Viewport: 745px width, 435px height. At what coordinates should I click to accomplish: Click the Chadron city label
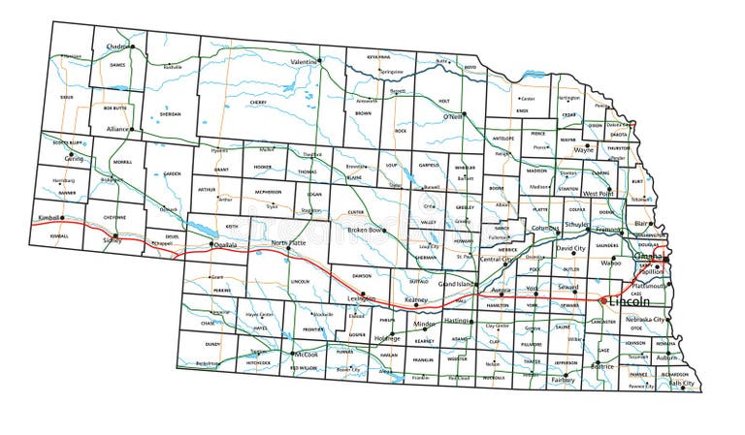click(118, 46)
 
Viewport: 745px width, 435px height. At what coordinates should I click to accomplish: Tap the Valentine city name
click(304, 61)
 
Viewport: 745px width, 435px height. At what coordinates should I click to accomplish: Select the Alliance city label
click(118, 128)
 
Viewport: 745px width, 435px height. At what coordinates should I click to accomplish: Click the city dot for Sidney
click(115, 235)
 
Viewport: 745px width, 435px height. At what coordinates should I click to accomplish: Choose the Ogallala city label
click(225, 246)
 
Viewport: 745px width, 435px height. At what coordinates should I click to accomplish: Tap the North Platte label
click(288, 242)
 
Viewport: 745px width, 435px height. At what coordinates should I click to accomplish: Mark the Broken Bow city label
click(366, 230)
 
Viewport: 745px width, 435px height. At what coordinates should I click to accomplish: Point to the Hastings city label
click(456, 320)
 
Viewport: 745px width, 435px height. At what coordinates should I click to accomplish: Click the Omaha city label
click(647, 257)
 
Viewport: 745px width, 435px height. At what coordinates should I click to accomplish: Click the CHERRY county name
click(258, 102)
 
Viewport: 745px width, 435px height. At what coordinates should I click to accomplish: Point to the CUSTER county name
click(356, 211)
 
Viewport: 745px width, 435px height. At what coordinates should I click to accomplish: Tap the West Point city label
click(598, 193)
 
